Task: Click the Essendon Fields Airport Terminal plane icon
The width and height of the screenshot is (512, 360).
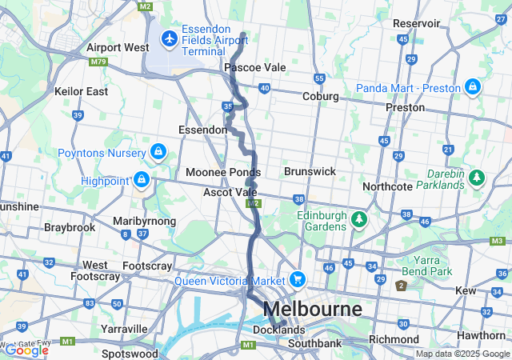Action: [169, 38]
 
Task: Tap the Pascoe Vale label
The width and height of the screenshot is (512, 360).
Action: [254, 68]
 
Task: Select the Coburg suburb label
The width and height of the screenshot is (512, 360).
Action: [320, 97]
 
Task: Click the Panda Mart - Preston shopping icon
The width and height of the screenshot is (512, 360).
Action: [473, 86]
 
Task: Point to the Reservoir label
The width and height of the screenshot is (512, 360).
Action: [416, 24]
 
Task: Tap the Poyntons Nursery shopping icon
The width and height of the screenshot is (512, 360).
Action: [158, 152]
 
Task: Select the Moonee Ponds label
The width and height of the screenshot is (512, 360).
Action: [222, 172]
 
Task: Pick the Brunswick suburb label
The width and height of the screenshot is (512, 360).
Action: [309, 171]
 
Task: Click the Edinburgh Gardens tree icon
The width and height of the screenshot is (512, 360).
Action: [359, 218]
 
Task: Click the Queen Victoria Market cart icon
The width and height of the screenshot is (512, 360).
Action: [298, 279]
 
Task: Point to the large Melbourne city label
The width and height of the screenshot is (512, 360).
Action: [312, 309]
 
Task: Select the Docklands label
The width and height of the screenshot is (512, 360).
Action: [278, 330]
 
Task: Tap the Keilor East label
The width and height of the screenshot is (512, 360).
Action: [81, 91]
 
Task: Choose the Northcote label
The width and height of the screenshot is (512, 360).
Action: [387, 186]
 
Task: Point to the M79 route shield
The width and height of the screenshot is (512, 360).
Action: [99, 61]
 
